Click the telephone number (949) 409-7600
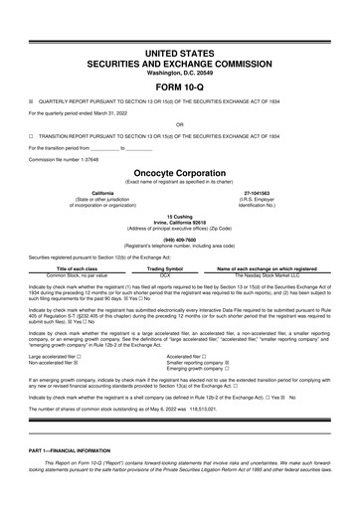click(x=179, y=239)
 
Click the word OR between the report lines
click(x=179, y=124)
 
